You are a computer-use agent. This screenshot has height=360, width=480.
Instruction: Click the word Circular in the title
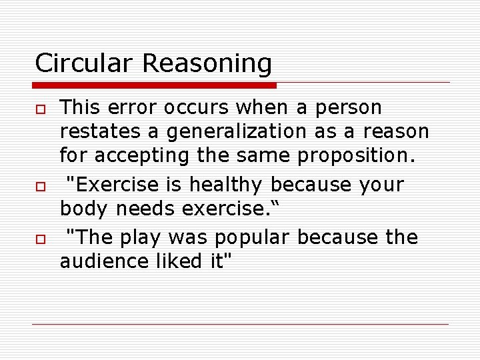(85, 63)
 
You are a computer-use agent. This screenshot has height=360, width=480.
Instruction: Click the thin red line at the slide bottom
(240, 325)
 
